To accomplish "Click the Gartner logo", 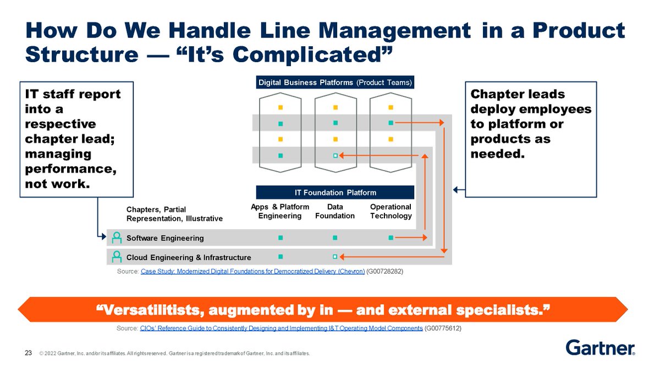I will [x=600, y=348].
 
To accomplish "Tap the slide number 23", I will [x=28, y=353].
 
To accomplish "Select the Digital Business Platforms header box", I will [x=335, y=83].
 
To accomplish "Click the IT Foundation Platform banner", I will [x=335, y=193].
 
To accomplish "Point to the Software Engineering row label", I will [x=165, y=238].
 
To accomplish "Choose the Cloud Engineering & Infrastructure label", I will [x=189, y=257].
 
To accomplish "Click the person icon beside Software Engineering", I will [x=117, y=238].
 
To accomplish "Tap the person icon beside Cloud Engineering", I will [x=117, y=256].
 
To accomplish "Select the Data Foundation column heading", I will [x=335, y=211].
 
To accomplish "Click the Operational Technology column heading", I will [x=391, y=211].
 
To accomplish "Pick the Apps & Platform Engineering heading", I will [x=280, y=211].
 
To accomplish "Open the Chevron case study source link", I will [x=252, y=272].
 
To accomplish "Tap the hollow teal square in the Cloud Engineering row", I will [x=335, y=256].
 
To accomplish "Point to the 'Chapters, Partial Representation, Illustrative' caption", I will [x=174, y=214].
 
